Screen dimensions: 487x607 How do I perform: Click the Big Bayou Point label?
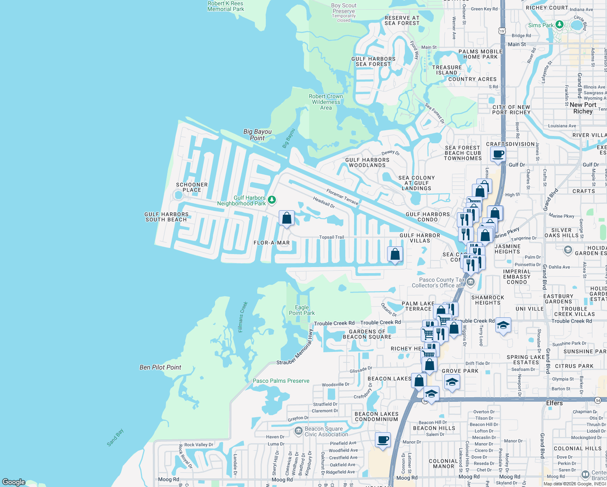click(257, 135)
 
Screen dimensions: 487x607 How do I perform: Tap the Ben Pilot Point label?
click(160, 367)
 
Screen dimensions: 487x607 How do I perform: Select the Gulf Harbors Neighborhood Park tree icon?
click(272, 200)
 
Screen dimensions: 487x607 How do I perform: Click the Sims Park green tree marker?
click(560, 25)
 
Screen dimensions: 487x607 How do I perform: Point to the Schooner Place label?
click(192, 187)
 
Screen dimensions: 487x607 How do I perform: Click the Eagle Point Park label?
click(302, 310)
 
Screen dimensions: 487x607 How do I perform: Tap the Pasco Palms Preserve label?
click(281, 381)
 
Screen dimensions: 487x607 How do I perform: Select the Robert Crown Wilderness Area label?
click(326, 102)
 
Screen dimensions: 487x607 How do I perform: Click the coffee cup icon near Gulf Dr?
click(498, 154)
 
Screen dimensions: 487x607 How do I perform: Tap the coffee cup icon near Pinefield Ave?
click(383, 440)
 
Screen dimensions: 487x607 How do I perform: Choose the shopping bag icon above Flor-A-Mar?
click(286, 218)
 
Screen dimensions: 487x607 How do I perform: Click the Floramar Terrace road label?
click(342, 196)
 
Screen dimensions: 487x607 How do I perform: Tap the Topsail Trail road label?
click(331, 237)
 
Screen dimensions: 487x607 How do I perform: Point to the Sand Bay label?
click(115, 438)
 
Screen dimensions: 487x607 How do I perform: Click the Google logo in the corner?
click(14, 482)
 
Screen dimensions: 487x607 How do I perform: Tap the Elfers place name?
click(554, 403)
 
